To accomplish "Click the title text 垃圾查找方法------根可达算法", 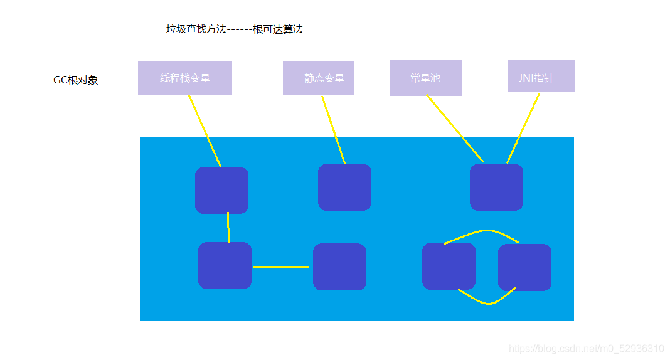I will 235,29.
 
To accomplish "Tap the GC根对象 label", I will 76,80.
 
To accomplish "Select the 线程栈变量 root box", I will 185,78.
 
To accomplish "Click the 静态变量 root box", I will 318,78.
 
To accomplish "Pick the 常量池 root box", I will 425,78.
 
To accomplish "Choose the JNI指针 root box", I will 541,76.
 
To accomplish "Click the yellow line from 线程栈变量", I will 205,132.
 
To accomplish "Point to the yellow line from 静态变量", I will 334,130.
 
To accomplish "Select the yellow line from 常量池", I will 455,129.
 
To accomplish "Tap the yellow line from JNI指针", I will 523,129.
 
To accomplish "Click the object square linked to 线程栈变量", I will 221,190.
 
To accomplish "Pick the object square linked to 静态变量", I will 344,187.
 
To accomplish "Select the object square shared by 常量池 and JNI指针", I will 496,187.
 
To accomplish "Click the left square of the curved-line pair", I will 449,266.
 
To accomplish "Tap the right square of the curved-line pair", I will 524,267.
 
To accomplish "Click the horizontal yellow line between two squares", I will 281,267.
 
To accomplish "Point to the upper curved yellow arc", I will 482,231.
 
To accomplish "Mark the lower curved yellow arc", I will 488,303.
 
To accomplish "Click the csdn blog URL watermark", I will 586,349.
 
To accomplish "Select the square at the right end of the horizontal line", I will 339,267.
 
